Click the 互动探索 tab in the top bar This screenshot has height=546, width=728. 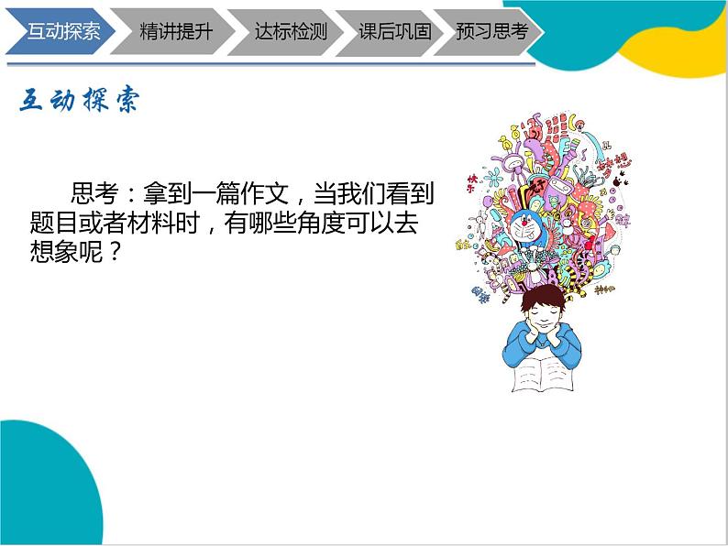[x=61, y=30]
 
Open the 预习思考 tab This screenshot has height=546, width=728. [x=491, y=30]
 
